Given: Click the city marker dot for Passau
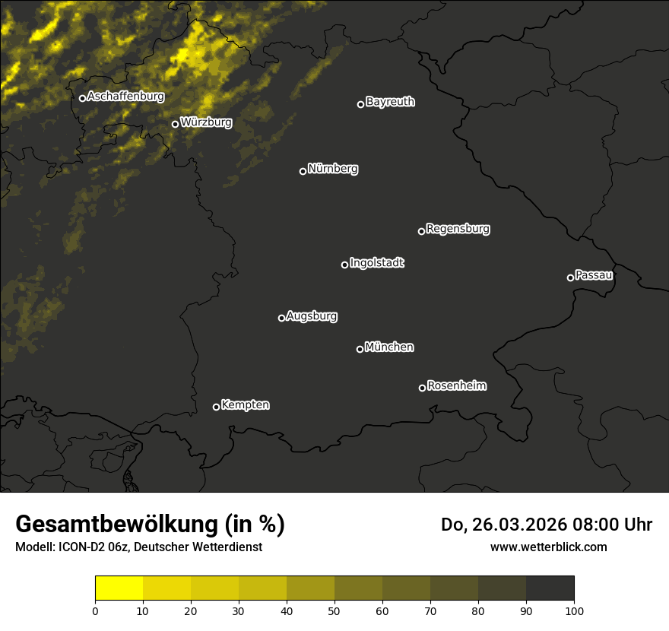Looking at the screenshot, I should (570, 277).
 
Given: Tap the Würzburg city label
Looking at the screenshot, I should (206, 122).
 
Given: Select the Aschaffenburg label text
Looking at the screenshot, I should (125, 97).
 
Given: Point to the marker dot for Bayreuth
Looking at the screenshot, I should (360, 104).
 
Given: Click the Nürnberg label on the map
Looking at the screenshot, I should (333, 169).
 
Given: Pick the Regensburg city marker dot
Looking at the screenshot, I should (421, 231).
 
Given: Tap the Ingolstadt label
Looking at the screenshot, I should (377, 263).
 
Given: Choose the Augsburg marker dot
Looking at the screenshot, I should (281, 318).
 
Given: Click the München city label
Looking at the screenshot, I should (389, 347).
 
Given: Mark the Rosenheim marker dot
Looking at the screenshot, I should (422, 388).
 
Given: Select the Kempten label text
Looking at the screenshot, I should (245, 405).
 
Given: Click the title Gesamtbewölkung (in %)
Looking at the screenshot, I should (150, 525).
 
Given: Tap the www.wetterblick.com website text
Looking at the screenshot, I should (548, 547).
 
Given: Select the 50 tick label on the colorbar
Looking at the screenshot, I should (334, 610).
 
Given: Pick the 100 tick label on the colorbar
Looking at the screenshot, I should (574, 610).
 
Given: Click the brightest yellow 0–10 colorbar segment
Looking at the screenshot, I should (119, 588).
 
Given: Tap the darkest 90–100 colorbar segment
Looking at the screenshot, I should (550, 588).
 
